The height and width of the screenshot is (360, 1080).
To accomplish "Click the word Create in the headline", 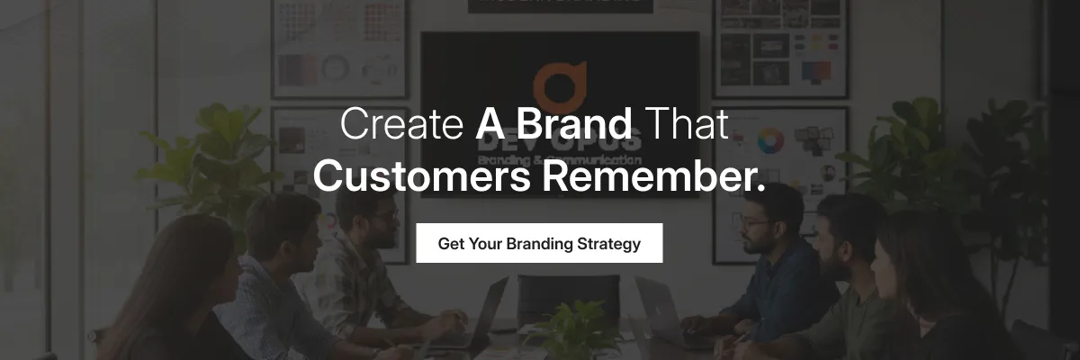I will [x=400, y=124].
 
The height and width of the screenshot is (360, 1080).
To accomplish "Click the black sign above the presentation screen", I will [x=559, y=4].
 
